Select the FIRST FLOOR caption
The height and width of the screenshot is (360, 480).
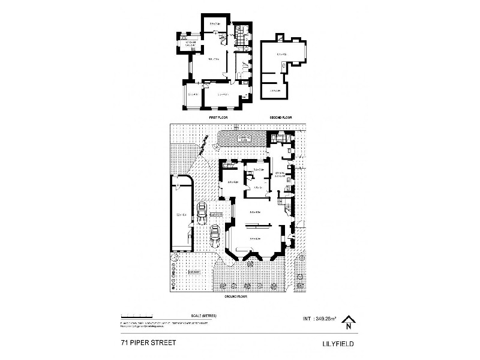tap(217, 118)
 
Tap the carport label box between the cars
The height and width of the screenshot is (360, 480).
tap(216, 214)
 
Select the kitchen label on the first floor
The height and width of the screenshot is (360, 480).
tap(191, 43)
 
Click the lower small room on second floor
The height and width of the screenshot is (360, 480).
tap(275, 91)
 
